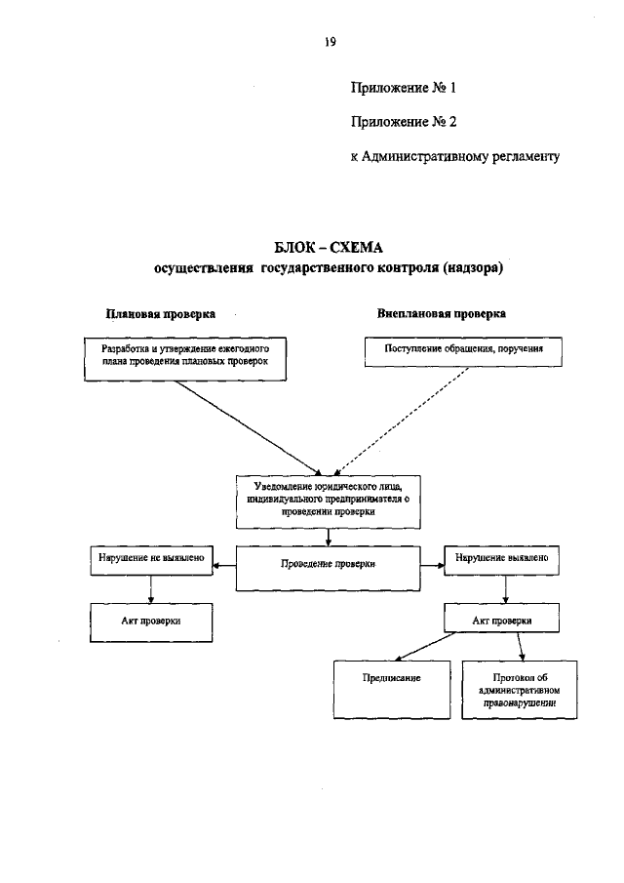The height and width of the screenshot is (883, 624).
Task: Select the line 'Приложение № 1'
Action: (x=404, y=88)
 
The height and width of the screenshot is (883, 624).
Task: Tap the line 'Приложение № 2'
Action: (x=404, y=122)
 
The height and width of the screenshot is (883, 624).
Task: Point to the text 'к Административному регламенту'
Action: (x=455, y=156)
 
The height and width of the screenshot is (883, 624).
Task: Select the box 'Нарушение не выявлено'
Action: (x=150, y=559)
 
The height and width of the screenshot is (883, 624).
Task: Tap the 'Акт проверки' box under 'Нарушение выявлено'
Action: (x=502, y=620)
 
